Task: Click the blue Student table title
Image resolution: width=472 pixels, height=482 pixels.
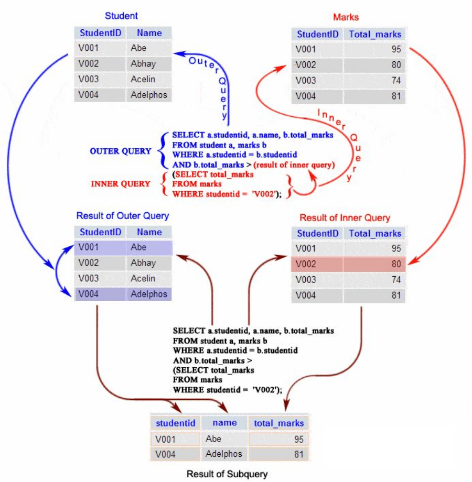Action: [x=121, y=16]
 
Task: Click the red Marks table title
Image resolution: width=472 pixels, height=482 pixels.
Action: [x=346, y=17]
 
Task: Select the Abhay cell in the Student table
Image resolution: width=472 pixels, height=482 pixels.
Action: [x=149, y=63]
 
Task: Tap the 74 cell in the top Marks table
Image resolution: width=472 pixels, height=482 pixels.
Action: [x=374, y=81]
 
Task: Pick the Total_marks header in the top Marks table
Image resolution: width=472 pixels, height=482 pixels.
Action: [x=375, y=34]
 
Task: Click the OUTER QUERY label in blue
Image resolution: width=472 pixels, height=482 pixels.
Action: [x=120, y=151]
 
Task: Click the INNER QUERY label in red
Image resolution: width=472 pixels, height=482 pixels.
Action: [x=121, y=184]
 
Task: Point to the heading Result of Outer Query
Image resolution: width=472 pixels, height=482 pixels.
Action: [x=123, y=216]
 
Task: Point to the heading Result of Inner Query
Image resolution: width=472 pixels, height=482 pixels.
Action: [x=345, y=218]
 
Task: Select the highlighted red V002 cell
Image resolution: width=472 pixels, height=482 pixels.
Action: [x=317, y=264]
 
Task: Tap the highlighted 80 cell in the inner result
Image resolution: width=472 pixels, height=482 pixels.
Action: [x=374, y=264]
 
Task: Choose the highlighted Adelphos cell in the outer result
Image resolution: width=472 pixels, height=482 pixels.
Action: [x=149, y=294]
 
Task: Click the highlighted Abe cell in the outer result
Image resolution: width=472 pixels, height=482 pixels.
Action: [x=149, y=247]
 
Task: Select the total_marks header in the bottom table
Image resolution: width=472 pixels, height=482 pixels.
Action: [x=279, y=423]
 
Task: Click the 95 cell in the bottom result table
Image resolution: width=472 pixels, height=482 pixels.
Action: [x=279, y=439]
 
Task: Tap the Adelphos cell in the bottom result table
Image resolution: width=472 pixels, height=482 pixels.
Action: [x=224, y=454]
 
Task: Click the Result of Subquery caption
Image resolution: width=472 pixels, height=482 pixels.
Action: [x=227, y=474]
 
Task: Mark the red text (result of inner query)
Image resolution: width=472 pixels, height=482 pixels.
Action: [x=294, y=165]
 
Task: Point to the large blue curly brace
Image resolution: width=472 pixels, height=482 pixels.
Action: [x=163, y=151]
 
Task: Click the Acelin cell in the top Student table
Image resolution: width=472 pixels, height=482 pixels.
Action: [x=149, y=79]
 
